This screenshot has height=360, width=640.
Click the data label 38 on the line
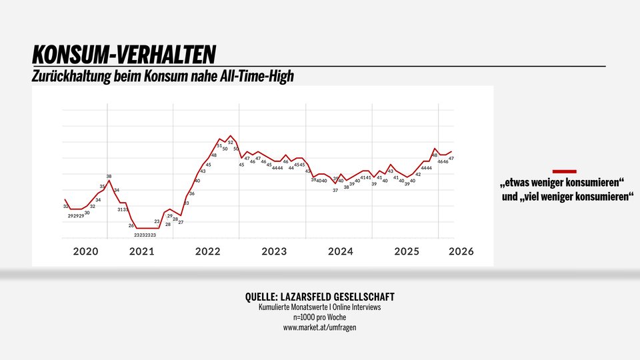pos(109,177)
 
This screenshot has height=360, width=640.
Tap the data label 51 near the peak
pos(219,145)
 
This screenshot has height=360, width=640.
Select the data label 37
pos(335,190)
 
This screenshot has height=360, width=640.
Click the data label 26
pos(131,226)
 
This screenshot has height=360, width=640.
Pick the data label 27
pos(181,222)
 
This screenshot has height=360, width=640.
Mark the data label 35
pos(103,187)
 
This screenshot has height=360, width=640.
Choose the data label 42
pos(418,175)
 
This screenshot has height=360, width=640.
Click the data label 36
pos(192,193)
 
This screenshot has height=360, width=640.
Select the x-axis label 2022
pos(207,251)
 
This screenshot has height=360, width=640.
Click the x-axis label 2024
pos(340,251)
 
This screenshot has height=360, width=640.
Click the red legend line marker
pos(565,171)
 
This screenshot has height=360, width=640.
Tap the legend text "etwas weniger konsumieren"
pos(562,183)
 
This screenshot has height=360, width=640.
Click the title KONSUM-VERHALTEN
pos(124,54)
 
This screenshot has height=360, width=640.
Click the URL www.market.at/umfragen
pos(319,327)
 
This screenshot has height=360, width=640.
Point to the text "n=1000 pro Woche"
pos(319,317)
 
